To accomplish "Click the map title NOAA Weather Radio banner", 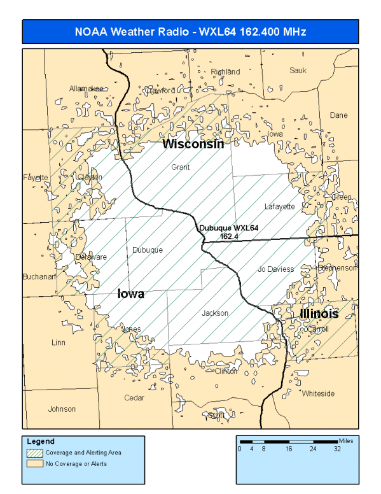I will pyautogui.click(x=190, y=32).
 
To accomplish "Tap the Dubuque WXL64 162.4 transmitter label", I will pyautogui.click(x=228, y=232).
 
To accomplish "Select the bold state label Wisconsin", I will pyautogui.click(x=193, y=145).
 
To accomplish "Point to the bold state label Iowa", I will pyautogui.click(x=131, y=294).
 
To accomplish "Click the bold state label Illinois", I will pyautogui.click(x=319, y=314).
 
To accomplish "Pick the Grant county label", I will pyautogui.click(x=181, y=167).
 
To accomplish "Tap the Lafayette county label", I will pyautogui.click(x=280, y=207).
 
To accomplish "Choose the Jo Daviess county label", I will pyautogui.click(x=275, y=269).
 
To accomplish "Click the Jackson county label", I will pyautogui.click(x=215, y=313).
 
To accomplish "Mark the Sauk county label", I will pyautogui.click(x=298, y=71).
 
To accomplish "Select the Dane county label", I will pyautogui.click(x=338, y=115).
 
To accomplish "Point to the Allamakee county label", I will pyautogui.click(x=86, y=88).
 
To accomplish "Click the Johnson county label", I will pyautogui.click(x=62, y=409).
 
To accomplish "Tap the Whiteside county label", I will pyautogui.click(x=318, y=393).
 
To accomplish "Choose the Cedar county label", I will pyautogui.click(x=134, y=398).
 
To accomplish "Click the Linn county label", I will pyautogui.click(x=58, y=342).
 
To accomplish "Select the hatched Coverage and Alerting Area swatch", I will pyautogui.click(x=34, y=453).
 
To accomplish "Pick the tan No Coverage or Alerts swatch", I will pyautogui.click(x=34, y=463).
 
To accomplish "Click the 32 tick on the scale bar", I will pyautogui.click(x=337, y=448).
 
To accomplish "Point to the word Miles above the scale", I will pyautogui.click(x=346, y=440).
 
